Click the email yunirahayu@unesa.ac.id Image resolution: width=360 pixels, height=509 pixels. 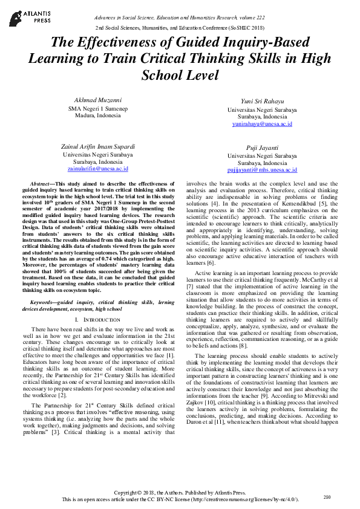click(x=262, y=124)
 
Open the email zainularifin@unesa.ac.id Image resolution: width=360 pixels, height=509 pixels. click(x=100, y=169)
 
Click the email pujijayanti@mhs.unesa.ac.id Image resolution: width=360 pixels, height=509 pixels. click(x=262, y=170)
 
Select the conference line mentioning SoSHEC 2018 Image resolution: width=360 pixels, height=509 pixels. click(x=179, y=28)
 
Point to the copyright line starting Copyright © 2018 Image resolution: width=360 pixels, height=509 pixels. click(x=180, y=493)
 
